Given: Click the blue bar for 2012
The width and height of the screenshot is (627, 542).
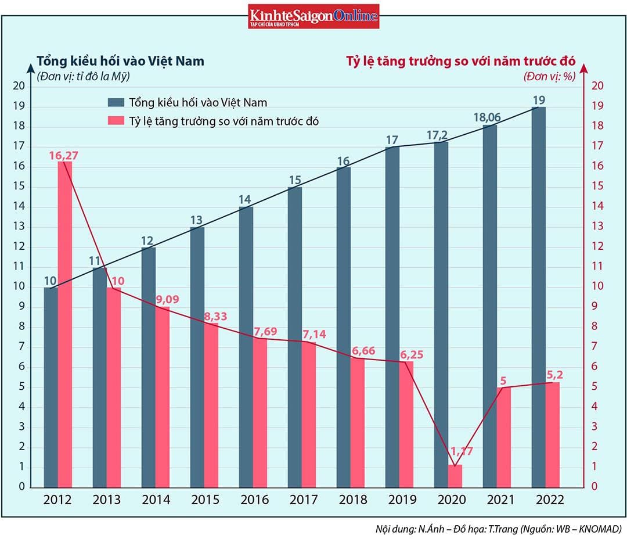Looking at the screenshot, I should pos(51,387).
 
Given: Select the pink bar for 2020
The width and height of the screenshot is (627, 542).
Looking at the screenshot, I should pos(455,475).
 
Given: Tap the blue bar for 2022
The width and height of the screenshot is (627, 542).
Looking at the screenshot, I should pos(538,296).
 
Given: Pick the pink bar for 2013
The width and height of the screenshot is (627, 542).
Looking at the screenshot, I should pos(114,387).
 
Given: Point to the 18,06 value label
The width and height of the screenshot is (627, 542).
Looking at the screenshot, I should pos(487,117).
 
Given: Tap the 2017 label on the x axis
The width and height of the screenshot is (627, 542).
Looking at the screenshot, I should pos(303,500).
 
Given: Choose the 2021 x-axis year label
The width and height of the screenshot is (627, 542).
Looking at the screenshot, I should pos(498,500).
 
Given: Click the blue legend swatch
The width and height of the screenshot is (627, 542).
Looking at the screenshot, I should pos(116,103).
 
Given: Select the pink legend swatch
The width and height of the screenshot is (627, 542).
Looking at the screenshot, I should pos(116,121).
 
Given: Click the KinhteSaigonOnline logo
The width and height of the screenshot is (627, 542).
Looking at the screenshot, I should pos(313,16).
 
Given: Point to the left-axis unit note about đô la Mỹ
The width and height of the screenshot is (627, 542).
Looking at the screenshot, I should pos(83,76).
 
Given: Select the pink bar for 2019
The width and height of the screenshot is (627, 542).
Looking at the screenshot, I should pos(406,424).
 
